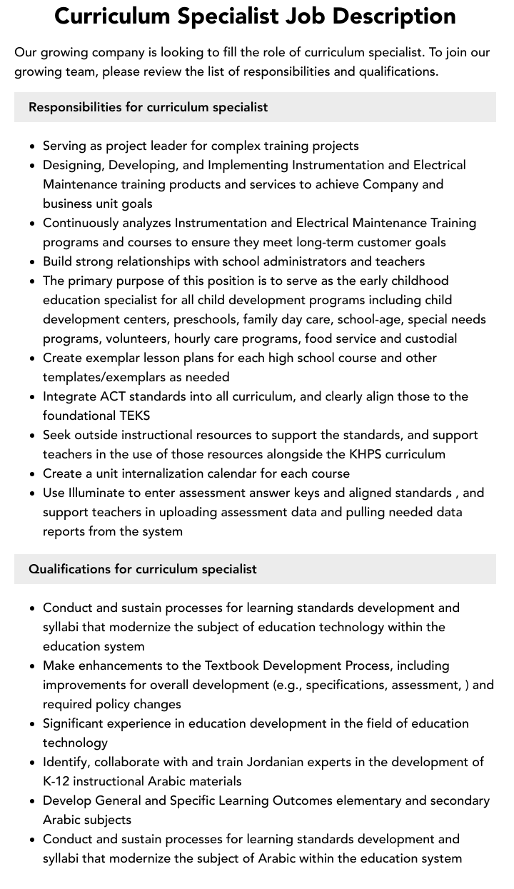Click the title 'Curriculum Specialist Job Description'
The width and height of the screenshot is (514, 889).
tap(256, 16)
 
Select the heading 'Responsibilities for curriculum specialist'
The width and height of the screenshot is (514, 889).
tap(148, 107)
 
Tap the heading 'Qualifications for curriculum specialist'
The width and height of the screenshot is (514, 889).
tap(142, 569)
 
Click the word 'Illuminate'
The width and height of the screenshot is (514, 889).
tap(97, 493)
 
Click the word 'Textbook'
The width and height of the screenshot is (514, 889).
tap(231, 666)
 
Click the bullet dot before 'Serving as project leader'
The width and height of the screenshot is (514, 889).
tap(33, 146)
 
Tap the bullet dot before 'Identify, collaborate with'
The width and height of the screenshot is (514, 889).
tap(33, 763)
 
